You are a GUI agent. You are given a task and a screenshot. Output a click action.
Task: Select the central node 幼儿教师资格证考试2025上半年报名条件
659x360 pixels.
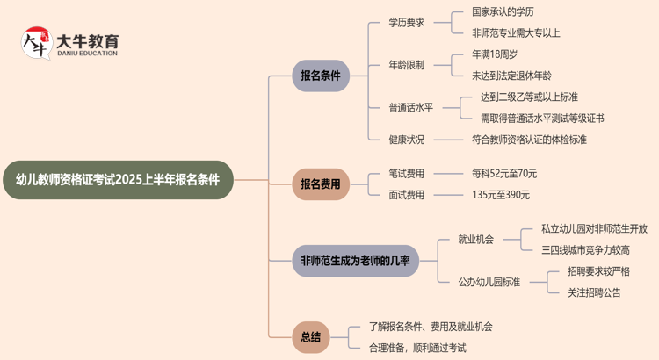[118, 180]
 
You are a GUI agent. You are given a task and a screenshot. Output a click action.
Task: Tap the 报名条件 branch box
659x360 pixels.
[321, 76]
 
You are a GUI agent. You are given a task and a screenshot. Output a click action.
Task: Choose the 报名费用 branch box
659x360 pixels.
[321, 184]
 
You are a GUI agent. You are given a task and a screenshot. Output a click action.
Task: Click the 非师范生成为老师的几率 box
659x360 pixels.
[356, 261]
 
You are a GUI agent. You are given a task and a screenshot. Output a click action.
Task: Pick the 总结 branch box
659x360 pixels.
[310, 337]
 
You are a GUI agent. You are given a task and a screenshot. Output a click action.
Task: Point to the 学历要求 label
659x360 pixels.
[406, 23]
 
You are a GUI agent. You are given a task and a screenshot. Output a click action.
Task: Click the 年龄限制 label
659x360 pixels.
[406, 65]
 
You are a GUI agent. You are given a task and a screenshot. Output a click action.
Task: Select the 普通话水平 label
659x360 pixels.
[410, 107]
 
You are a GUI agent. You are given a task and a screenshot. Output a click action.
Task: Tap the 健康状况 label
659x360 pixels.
[406, 140]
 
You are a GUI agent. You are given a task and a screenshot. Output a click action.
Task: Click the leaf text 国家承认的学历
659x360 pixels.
[503, 12]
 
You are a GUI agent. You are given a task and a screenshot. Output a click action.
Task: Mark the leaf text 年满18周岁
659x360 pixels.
[495, 54]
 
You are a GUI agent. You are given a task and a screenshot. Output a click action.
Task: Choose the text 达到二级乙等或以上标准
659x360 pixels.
[528, 97]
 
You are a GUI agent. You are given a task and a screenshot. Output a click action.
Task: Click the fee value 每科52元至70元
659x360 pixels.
[504, 173]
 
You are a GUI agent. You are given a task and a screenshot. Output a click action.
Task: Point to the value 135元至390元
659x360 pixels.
[501, 195]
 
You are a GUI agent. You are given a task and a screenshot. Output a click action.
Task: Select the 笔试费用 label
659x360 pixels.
[406, 173]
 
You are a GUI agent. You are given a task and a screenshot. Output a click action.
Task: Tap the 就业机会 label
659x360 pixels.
[475, 239]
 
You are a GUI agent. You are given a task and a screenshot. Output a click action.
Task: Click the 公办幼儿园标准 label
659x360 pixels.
[489, 282]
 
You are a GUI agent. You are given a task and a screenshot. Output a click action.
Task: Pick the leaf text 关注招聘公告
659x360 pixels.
[594, 292]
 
